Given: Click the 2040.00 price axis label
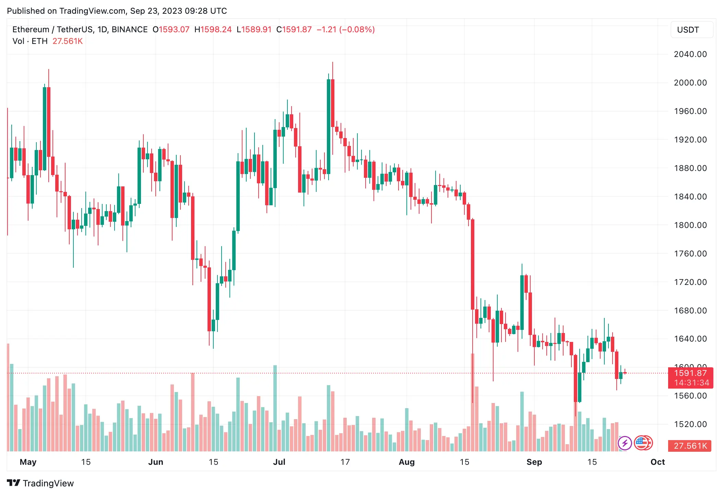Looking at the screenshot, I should [x=690, y=54].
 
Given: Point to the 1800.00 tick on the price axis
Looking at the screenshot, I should [x=690, y=225].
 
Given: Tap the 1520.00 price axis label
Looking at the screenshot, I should [x=690, y=424].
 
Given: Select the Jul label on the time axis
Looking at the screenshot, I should [x=279, y=462].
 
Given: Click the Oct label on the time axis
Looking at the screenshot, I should [x=657, y=462].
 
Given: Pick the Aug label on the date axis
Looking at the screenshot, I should [x=407, y=462].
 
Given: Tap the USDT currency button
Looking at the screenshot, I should [x=691, y=30].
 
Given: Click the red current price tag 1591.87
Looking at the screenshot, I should [x=690, y=373].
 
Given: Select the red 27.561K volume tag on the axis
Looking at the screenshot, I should [x=690, y=446].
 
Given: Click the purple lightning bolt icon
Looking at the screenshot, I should [x=625, y=443].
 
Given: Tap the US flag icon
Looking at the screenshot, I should [x=642, y=443].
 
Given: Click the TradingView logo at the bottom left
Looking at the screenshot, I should [x=40, y=483].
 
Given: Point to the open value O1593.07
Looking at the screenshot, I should [x=171, y=30].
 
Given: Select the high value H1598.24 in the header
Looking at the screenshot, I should [x=213, y=30].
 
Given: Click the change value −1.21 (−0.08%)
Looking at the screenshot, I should [x=345, y=30].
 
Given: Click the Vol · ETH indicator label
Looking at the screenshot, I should [x=30, y=41].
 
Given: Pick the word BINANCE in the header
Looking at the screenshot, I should [x=130, y=30].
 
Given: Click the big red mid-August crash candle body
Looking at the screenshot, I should [x=473, y=264].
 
